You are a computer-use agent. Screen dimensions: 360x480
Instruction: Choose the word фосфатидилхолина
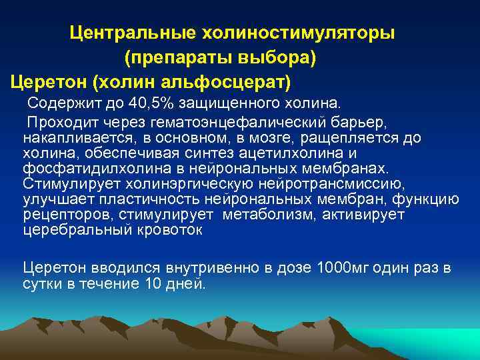[x=82, y=169]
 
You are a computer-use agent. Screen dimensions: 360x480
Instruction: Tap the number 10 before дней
[x=152, y=283]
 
